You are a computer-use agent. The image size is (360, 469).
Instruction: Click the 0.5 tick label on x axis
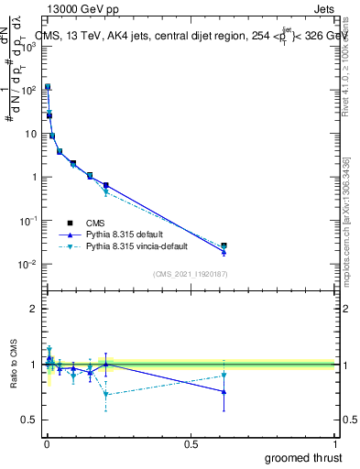191,444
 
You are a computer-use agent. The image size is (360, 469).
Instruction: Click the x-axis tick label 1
335,444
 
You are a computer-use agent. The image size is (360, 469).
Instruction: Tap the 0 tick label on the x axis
46,444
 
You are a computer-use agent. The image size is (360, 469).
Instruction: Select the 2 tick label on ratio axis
34,309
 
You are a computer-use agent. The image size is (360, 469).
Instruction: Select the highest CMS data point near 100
48,87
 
